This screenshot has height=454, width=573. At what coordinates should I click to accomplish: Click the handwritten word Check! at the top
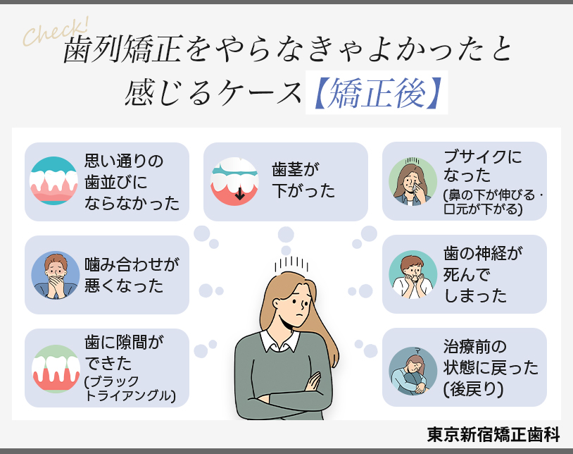[x=56, y=32]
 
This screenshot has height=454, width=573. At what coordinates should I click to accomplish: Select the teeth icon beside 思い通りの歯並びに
[x=53, y=181]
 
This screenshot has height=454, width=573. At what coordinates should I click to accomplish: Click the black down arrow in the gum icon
[x=240, y=192]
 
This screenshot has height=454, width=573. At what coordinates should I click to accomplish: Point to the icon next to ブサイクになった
[x=413, y=181]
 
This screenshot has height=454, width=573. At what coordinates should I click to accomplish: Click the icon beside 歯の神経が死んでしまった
[x=413, y=274]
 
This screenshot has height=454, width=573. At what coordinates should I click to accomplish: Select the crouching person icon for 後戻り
[x=413, y=368]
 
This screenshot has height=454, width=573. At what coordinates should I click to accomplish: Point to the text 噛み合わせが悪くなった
[x=132, y=275]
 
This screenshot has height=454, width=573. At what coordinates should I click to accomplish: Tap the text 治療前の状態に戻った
[x=491, y=357]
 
